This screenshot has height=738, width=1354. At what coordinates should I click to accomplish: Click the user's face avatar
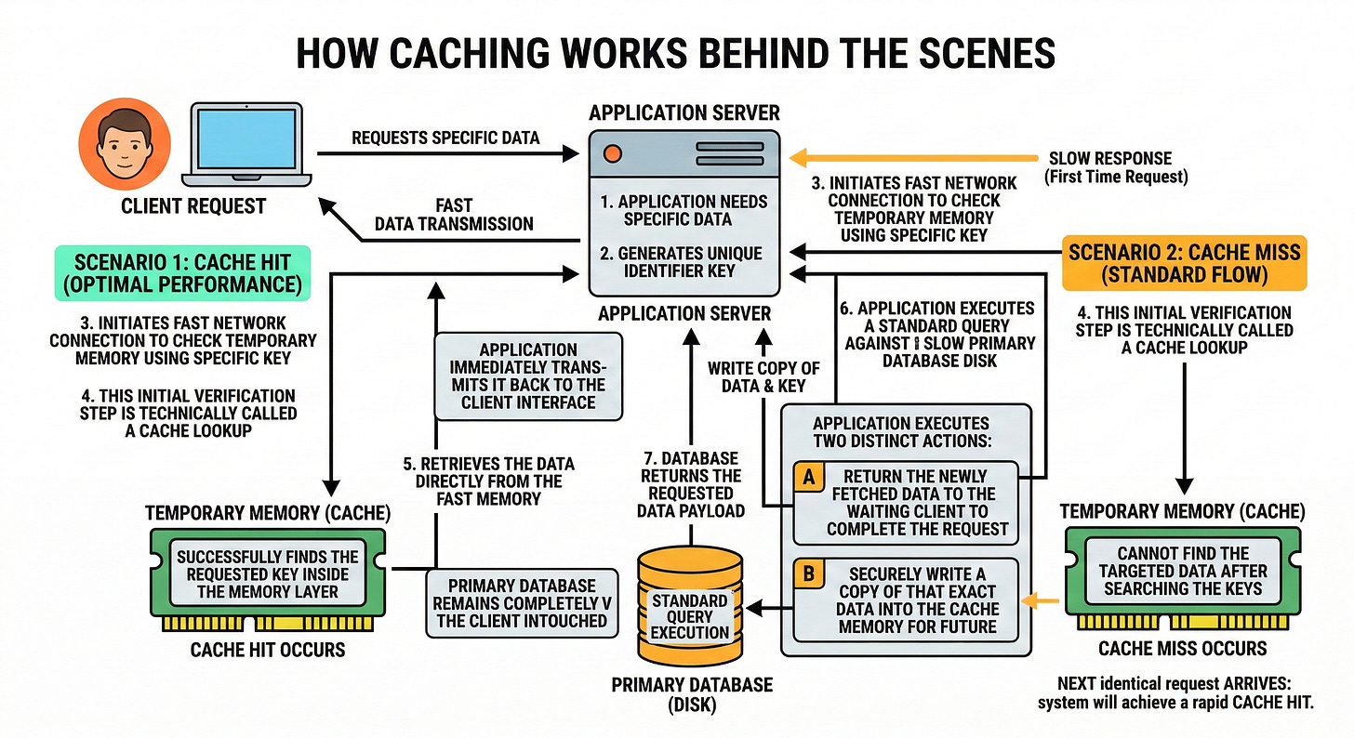coord(125,144)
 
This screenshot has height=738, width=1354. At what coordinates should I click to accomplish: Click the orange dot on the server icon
coord(612,153)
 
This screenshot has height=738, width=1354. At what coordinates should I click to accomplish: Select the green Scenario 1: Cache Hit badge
coord(182,273)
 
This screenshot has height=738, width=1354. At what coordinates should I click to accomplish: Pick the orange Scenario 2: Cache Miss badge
coord(1184,263)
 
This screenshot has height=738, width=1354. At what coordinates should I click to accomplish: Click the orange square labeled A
coord(809,478)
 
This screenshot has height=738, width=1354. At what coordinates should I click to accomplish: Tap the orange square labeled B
coord(809,573)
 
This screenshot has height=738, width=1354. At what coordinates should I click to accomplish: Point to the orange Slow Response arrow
coord(913,158)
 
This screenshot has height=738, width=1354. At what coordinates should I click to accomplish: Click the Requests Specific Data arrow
coord(448,153)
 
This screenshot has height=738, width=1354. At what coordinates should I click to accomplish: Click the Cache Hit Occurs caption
coord(268,650)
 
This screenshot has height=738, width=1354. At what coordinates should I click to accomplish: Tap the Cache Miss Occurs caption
coord(1182,649)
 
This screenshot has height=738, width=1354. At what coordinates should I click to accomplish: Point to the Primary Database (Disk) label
coord(692,694)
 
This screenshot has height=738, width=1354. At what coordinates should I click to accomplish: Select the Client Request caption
coord(193,206)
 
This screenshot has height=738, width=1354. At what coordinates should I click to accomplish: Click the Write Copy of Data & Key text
coord(764,377)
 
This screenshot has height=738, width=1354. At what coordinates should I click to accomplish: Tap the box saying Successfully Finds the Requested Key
coord(268,574)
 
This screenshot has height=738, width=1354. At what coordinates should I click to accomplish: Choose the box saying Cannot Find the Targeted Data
coord(1183,572)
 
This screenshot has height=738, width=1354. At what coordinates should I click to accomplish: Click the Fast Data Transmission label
coord(454,215)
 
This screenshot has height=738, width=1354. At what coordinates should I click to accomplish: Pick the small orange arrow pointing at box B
coord(1040,601)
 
